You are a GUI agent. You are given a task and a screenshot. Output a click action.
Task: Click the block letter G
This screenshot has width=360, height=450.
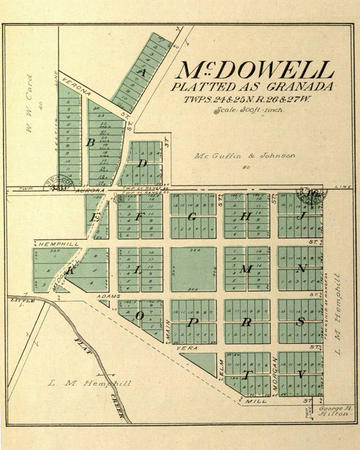tap(192, 217)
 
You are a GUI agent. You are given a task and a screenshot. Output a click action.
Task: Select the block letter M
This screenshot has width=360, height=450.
tap(245, 269)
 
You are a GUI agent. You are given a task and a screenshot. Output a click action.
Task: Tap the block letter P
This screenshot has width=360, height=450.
tap(193, 322)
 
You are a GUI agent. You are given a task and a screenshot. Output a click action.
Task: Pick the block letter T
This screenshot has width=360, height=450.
tap(246, 376)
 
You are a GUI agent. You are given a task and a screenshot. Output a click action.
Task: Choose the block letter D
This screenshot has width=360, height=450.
tap(142, 163)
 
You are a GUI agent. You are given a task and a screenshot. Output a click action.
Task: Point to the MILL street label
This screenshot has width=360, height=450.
tap(259, 399)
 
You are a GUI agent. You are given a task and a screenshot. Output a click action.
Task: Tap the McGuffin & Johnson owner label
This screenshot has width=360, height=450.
tap(245, 156)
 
